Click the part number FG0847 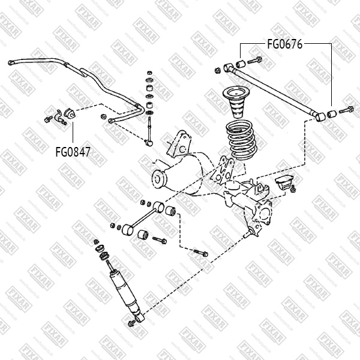pyautogui.click(x=73, y=151)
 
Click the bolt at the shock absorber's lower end pyautogui.click(x=131, y=325)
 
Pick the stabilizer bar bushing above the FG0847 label pyautogui.click(x=68, y=112)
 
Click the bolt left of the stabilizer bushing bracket pyautogui.click(x=47, y=119)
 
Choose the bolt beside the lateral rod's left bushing pyautogui.click(x=254, y=60)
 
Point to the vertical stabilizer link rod pyautogui.click(x=148, y=128)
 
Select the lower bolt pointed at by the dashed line pyautogui.click(x=200, y=252)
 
